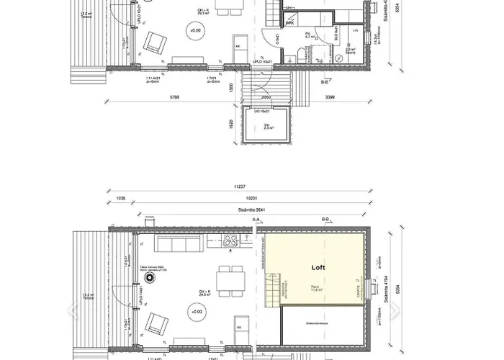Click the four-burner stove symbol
click(x=232, y=242)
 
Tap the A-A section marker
click(x=256, y=218)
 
